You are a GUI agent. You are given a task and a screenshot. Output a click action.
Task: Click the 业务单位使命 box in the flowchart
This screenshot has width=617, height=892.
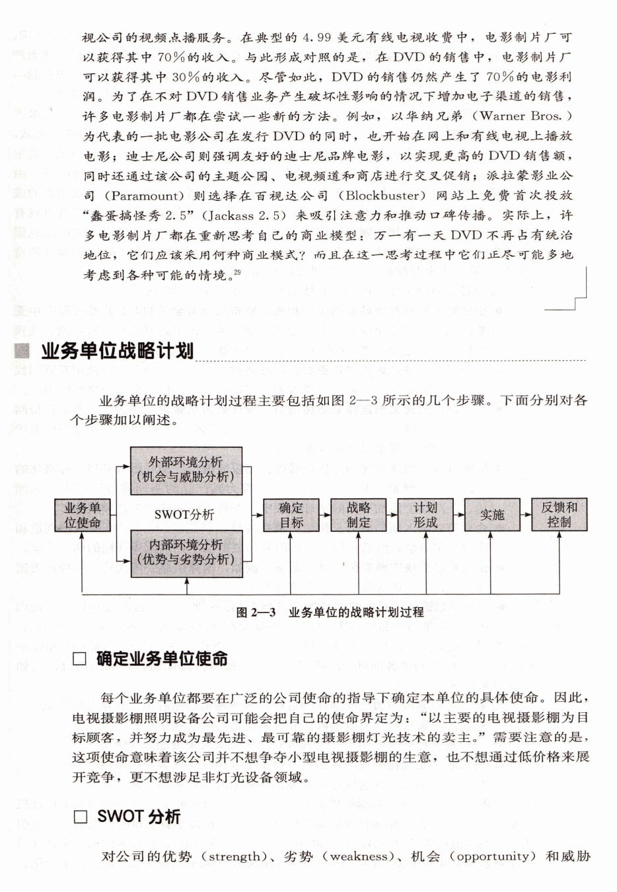[83, 515]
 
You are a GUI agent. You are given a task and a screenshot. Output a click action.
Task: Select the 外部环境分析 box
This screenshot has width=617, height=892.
[186, 470]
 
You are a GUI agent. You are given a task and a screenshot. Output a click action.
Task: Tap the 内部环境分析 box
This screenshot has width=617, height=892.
[186, 552]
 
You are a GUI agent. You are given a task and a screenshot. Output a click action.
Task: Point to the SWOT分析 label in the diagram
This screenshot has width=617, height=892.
[184, 514]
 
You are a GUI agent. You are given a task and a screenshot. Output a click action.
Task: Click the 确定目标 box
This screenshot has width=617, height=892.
[291, 515]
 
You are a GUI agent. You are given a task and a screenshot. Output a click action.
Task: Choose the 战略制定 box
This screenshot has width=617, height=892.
[358, 515]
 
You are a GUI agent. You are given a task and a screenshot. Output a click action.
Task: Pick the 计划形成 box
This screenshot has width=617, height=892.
[425, 515]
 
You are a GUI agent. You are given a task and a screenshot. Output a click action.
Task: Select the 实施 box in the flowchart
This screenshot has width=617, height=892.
[491, 515]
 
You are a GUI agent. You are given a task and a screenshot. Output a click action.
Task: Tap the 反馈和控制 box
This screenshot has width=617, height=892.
[559, 515]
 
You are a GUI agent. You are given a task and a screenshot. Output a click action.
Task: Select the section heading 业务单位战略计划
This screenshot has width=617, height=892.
[117, 350]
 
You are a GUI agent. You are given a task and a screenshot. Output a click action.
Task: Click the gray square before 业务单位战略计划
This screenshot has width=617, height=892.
[24, 351]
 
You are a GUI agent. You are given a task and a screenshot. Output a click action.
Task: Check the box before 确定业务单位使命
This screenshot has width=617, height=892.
[80, 659]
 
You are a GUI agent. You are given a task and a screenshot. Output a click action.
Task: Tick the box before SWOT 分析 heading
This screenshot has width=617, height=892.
[80, 817]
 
